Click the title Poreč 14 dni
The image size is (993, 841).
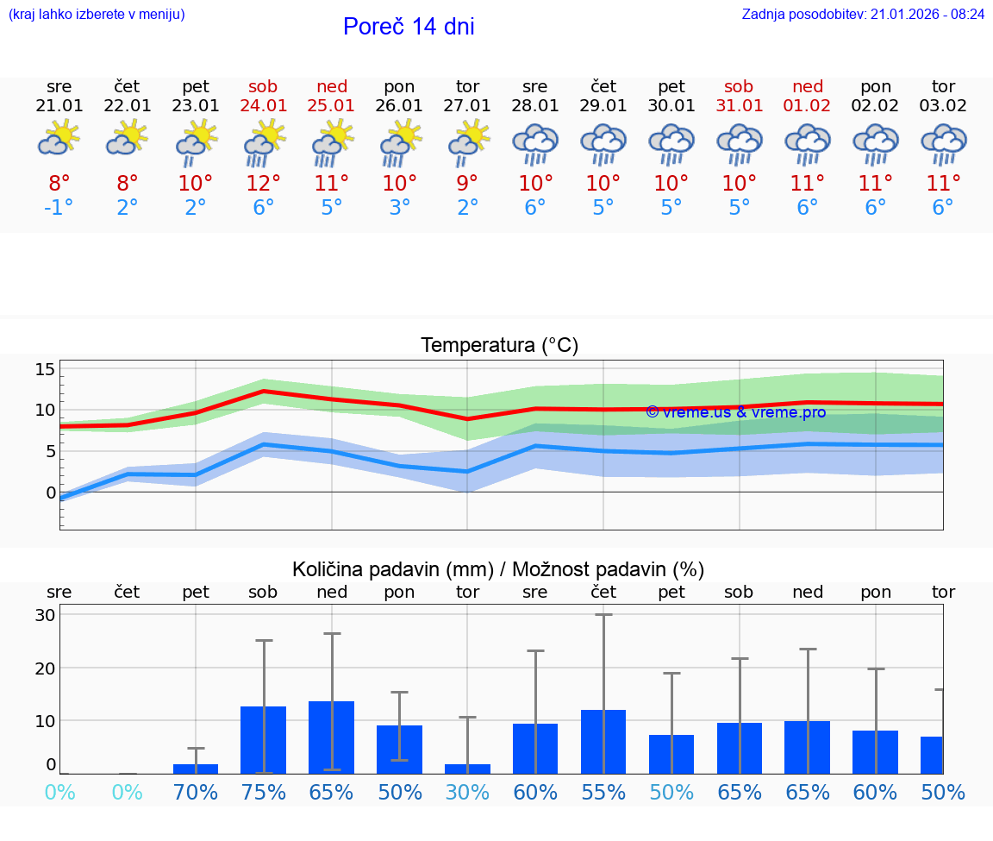pos(409,27)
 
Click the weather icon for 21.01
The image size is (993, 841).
pos(59,137)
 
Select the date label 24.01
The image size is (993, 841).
pos(264,105)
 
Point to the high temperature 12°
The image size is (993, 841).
pos(264,183)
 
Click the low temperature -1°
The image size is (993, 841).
pos(59,208)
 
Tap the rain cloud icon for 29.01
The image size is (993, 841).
pos(603,143)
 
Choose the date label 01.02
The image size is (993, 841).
pos(808,105)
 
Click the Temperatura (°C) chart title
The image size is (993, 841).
pos(499,346)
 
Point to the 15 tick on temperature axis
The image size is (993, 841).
pos(45,369)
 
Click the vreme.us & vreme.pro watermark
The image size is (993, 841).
pos(736,412)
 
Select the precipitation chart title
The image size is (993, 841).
pos(498,569)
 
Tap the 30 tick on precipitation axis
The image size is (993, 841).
pos(45,615)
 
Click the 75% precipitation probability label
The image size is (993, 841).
pos(264,792)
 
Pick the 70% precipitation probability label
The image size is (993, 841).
pos(196,792)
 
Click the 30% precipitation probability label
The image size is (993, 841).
pos(467,792)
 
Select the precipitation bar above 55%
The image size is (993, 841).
pos(603,742)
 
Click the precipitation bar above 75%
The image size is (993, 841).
pos(264,740)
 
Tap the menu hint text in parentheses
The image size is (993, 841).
pos(97,15)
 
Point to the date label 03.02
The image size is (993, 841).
pos(943,105)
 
